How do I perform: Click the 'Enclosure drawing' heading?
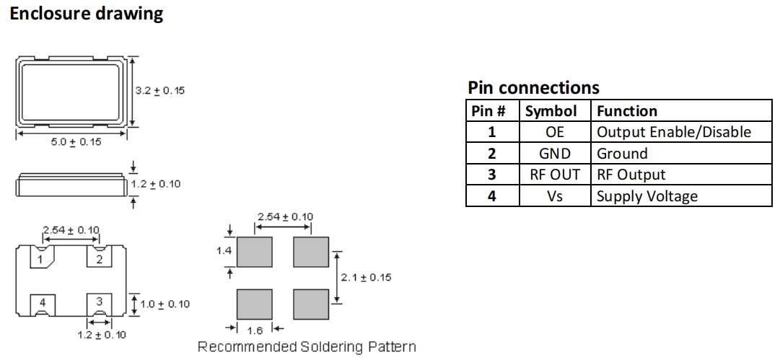[86, 14]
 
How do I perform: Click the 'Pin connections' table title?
[533, 88]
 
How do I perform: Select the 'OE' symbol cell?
[555, 132]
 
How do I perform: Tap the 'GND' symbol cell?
[555, 153]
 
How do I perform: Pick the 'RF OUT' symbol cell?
[555, 175]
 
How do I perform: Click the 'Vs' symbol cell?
[555, 196]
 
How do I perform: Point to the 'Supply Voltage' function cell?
[647, 196]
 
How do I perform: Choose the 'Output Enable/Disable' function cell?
[673, 132]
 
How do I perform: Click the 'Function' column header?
[626, 111]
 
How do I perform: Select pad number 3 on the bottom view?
[100, 302]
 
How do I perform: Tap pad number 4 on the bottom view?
[41, 302]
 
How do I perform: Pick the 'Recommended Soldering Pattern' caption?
[307, 347]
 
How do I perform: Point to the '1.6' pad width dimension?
[254, 331]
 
